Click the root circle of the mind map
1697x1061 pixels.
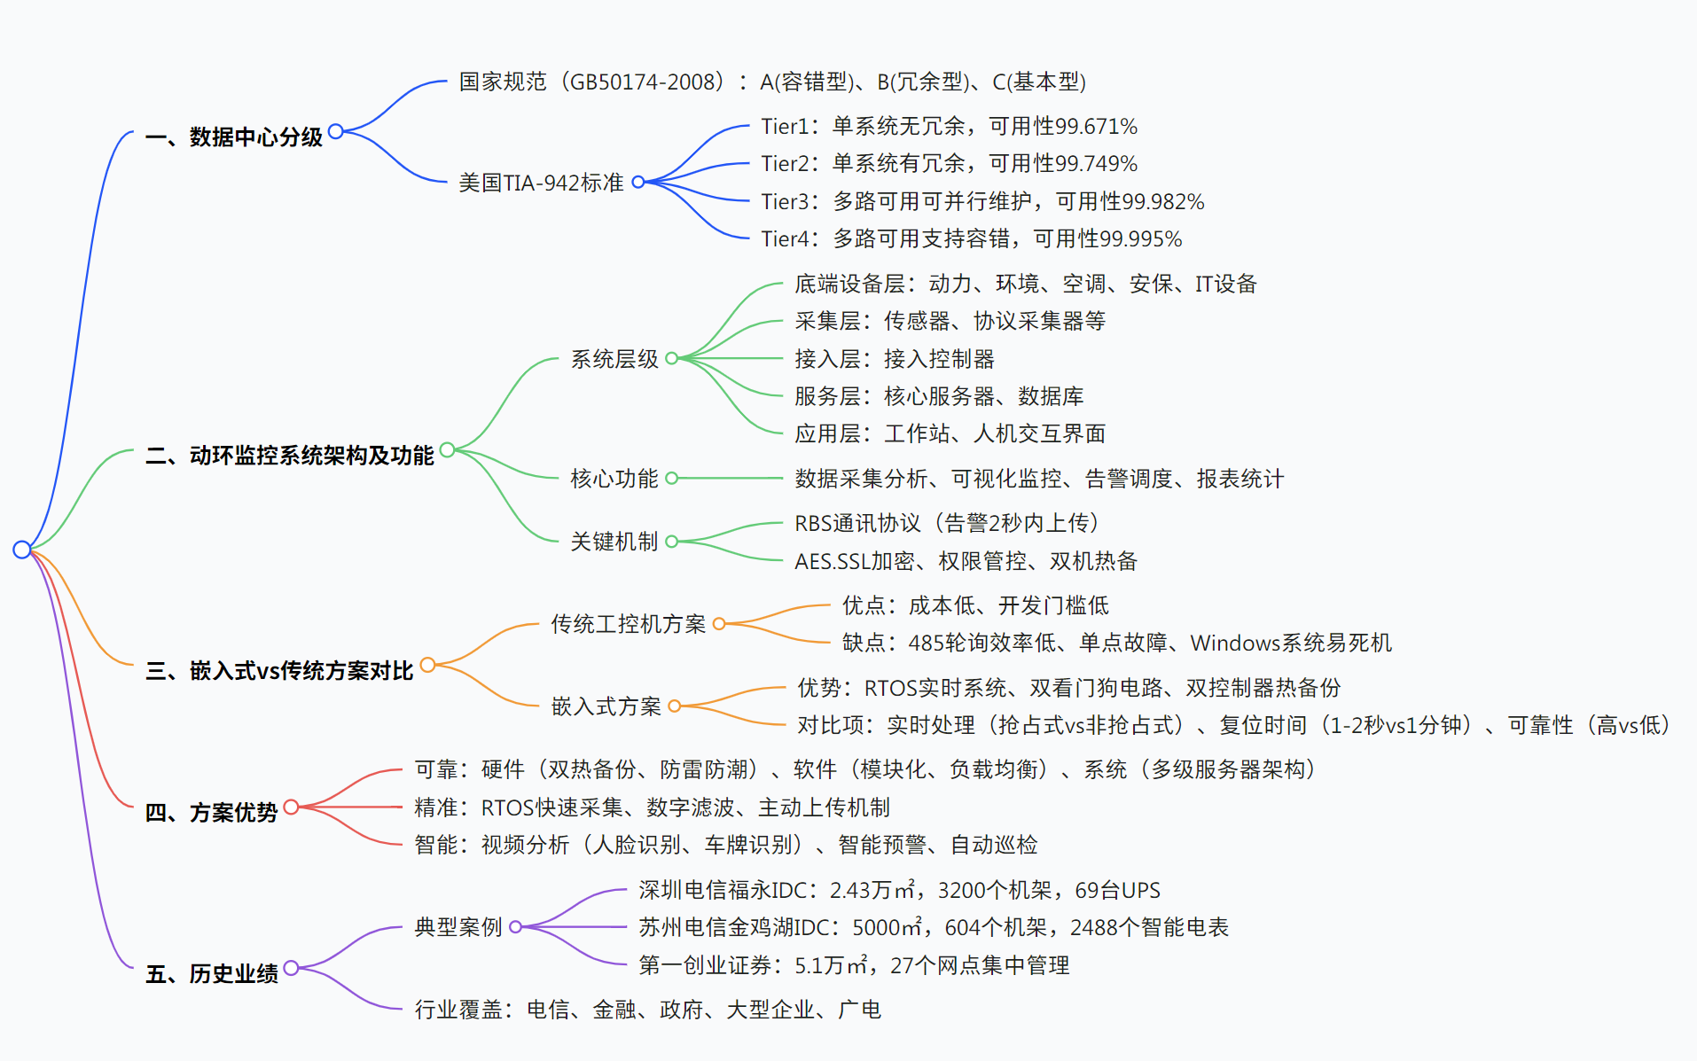(x=22, y=550)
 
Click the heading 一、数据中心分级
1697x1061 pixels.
(x=234, y=137)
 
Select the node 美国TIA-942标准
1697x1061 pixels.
(x=541, y=183)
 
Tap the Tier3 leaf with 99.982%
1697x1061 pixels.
(x=981, y=202)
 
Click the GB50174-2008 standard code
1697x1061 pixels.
(x=642, y=82)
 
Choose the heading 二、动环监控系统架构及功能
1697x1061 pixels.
(x=290, y=456)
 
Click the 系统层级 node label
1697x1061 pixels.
(x=614, y=359)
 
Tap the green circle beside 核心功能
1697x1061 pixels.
(x=671, y=479)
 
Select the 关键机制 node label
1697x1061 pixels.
(x=614, y=542)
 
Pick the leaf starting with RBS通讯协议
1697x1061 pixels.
(x=946, y=524)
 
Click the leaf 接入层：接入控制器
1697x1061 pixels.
(x=894, y=359)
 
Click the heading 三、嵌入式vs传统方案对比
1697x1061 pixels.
(x=279, y=671)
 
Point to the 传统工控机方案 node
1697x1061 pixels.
(x=628, y=624)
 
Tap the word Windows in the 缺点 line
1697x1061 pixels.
(x=1231, y=644)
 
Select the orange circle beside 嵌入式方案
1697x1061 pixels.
(x=675, y=706)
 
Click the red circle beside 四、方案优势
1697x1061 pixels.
(x=291, y=807)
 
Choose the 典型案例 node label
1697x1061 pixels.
(x=457, y=927)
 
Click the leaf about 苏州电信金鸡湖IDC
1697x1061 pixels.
(x=933, y=928)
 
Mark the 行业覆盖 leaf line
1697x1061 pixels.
(x=647, y=1010)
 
